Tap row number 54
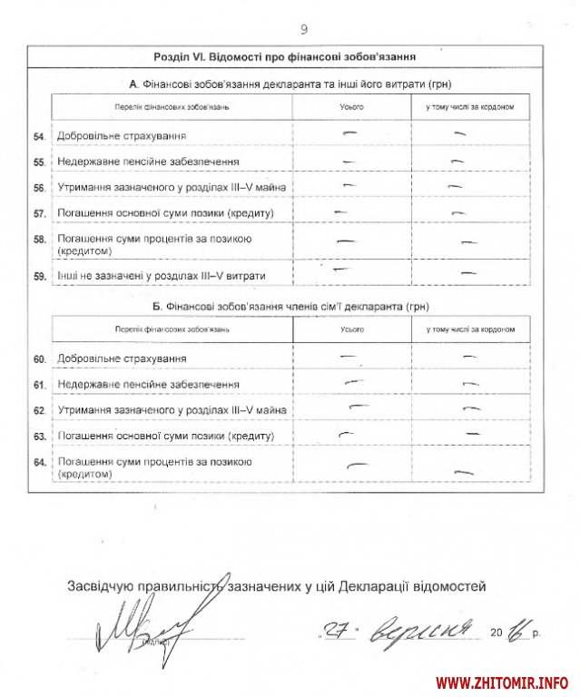coord(39,136)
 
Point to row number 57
coord(39,214)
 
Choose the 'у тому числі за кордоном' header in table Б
coord(469,328)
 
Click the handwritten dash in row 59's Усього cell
coord(343,270)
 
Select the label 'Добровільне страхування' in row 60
coord(115,359)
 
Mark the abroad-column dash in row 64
coord(466,472)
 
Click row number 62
coord(39,410)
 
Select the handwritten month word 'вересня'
coord(427,629)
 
